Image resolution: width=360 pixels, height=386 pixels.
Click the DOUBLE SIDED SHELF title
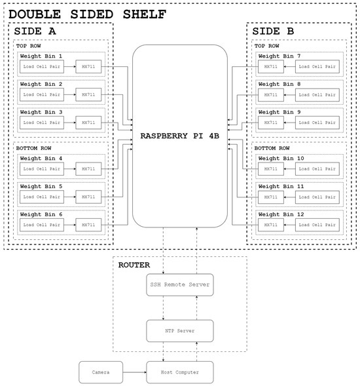click(x=87, y=14)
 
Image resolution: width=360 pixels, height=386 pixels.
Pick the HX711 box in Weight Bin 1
click(x=88, y=67)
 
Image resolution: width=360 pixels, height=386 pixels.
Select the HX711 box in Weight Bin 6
click(x=88, y=224)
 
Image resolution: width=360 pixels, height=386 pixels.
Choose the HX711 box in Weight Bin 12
click(x=270, y=224)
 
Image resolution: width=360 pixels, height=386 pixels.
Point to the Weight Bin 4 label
click(x=41, y=158)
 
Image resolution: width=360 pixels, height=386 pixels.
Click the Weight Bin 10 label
click(x=281, y=158)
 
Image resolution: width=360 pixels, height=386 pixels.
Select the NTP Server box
click(x=179, y=330)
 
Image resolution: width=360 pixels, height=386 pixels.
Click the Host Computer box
click(x=179, y=372)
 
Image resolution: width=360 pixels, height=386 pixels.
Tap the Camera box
click(x=101, y=372)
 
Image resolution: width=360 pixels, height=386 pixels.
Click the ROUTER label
click(x=134, y=265)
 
